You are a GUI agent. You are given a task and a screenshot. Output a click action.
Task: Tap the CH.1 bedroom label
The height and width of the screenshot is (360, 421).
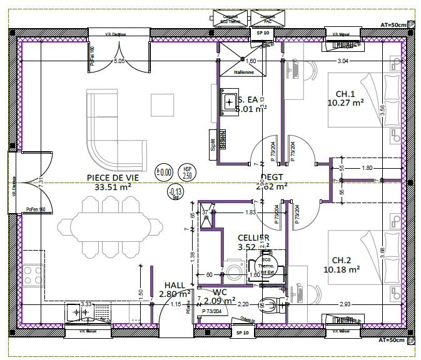pyautogui.click(x=345, y=94)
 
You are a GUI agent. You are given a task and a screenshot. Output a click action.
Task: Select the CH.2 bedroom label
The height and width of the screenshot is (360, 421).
pyautogui.click(x=345, y=260)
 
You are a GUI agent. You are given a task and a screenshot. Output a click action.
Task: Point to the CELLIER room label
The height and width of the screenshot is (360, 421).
pyautogui.click(x=253, y=237)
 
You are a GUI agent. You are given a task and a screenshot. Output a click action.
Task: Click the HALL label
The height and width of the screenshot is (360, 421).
pyautogui.click(x=175, y=284)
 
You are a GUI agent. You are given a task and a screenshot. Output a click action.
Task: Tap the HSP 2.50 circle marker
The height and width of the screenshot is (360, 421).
pyautogui.click(x=187, y=172)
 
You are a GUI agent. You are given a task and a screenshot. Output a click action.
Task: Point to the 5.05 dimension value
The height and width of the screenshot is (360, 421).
pyautogui.click(x=119, y=61)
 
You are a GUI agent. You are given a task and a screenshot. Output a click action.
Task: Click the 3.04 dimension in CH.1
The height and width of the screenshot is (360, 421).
pyautogui.click(x=343, y=61)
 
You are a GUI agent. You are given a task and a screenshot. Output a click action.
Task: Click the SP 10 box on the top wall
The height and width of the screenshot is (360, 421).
pyautogui.click(x=262, y=32)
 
